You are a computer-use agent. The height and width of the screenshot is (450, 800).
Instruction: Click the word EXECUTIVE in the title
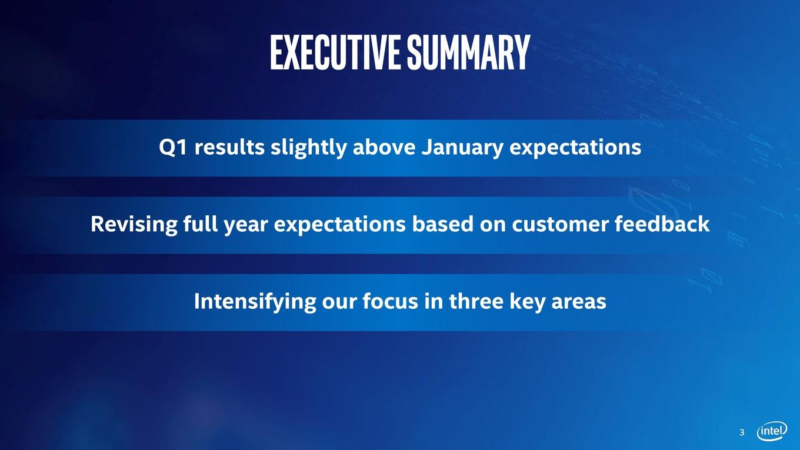tap(335, 52)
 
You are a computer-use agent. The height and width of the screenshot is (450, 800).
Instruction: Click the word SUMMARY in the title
tap(468, 52)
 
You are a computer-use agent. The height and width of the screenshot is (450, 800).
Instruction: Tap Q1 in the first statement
tap(173, 148)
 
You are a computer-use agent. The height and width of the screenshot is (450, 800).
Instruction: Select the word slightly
tap(309, 148)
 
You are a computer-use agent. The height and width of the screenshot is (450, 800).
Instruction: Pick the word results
tap(229, 147)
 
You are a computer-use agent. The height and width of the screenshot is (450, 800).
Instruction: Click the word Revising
tap(134, 225)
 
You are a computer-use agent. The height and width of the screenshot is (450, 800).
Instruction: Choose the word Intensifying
tap(255, 302)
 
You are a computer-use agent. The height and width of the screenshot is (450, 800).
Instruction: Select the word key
tap(527, 302)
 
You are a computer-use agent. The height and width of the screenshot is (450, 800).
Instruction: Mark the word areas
tap(579, 302)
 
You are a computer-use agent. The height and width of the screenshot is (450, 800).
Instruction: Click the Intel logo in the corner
tap(772, 431)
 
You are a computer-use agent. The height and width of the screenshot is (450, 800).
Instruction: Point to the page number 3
tap(742, 432)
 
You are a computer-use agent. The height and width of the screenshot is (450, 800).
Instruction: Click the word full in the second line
tap(201, 224)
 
